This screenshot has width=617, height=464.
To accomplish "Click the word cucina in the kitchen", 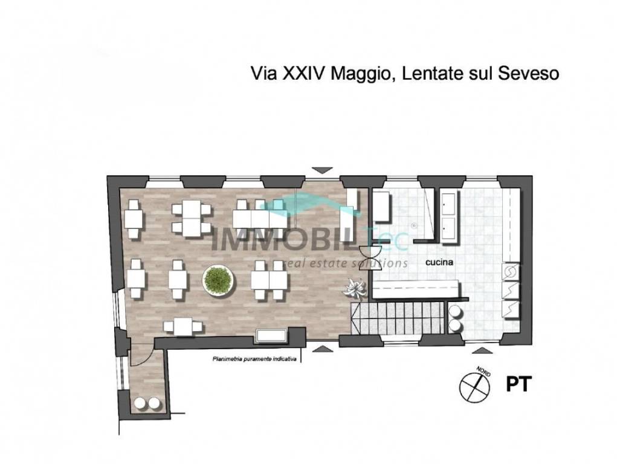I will (x=439, y=263).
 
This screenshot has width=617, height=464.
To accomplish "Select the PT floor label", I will (x=517, y=384).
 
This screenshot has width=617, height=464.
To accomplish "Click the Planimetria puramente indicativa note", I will (x=254, y=359).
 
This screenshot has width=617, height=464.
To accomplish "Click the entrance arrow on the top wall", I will (x=321, y=170).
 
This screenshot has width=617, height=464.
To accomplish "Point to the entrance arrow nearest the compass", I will (x=481, y=350).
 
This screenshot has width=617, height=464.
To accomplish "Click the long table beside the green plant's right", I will (x=270, y=280).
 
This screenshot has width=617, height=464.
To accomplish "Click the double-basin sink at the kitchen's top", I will (x=448, y=216).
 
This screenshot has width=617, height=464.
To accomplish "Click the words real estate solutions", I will (x=347, y=263).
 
